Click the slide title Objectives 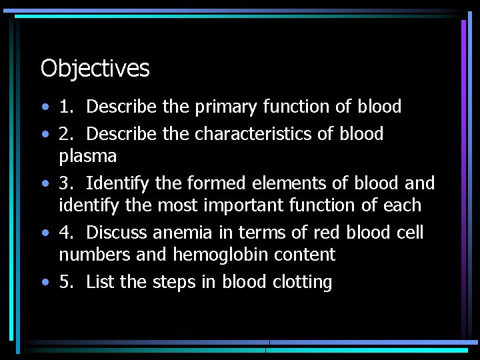(95, 68)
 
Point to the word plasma (87, 157)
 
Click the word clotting (302, 283)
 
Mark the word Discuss (117, 233)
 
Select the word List (101, 282)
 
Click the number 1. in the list (66, 107)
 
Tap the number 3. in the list (66, 183)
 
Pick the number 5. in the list (66, 282)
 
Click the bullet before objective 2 (43, 135)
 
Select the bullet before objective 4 (43, 233)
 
